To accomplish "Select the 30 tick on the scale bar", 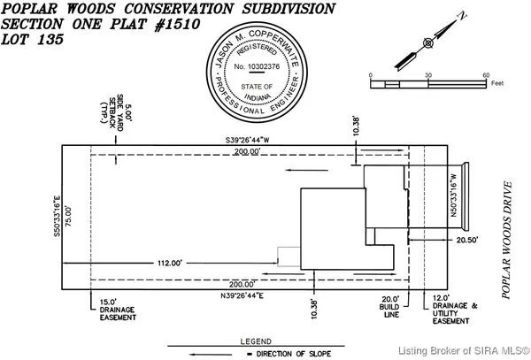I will pyautogui.click(x=429, y=74).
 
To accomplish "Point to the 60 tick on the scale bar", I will pyautogui.click(x=486, y=74).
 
